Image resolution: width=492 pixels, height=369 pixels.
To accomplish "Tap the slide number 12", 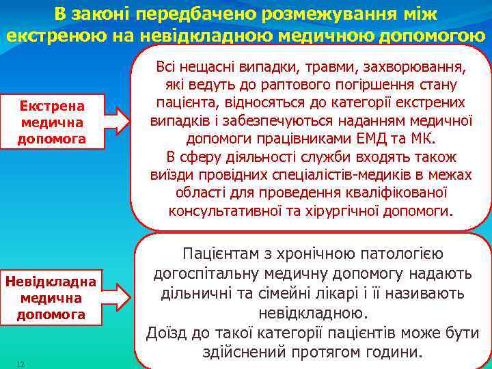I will tap(20, 364).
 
